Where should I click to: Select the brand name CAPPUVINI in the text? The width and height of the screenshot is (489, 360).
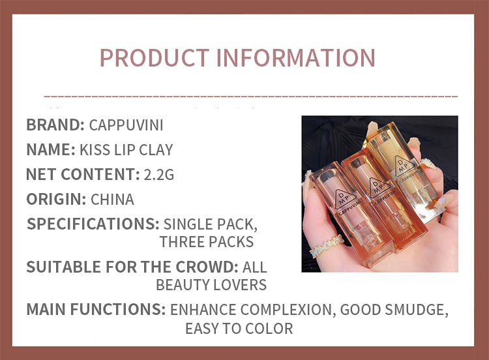coord(126,125)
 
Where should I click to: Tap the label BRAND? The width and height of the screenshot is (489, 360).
coord(55,125)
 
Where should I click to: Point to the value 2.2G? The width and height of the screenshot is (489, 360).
coord(159,174)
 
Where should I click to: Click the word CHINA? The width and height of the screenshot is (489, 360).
coord(112,199)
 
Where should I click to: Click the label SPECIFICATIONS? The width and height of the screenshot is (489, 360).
coord(93,224)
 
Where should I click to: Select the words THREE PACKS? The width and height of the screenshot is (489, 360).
coord(206,242)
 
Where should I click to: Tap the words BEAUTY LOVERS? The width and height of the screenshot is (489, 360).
coord(211,284)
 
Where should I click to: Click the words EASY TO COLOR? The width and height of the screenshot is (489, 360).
coord(239,328)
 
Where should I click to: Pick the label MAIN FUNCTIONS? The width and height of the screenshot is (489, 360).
coord(95,309)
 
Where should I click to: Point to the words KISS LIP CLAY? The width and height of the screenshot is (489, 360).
coord(126,149)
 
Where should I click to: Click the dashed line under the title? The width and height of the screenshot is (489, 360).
coord(251,96)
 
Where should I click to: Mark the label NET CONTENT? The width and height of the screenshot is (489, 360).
coord(80,174)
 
